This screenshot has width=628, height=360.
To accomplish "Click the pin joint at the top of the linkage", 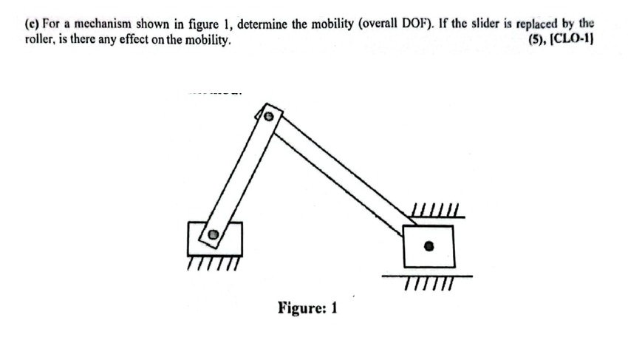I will click(270, 116).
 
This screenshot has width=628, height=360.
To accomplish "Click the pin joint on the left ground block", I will click(213, 235).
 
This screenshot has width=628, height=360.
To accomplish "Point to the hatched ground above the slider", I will click(437, 213).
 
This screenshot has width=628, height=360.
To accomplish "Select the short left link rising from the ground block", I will click(240, 177).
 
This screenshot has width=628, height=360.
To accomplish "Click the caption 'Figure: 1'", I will click(307, 308).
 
